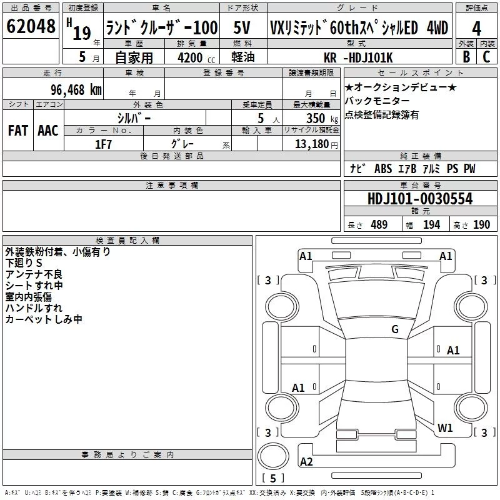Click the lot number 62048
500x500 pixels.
point(31,27)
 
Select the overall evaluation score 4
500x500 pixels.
point(477,29)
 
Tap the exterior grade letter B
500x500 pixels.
point(466,56)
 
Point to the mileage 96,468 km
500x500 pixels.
point(77,89)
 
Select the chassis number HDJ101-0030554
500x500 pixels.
point(420,199)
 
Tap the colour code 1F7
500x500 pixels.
point(103,144)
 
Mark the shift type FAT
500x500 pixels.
point(18,130)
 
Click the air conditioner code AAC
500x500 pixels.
point(47,130)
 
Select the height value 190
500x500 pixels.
point(481,225)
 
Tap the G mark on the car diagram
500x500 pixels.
point(395,329)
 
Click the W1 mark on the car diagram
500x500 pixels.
point(445,427)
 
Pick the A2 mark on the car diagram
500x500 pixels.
point(306,462)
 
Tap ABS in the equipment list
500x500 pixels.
point(382,169)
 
